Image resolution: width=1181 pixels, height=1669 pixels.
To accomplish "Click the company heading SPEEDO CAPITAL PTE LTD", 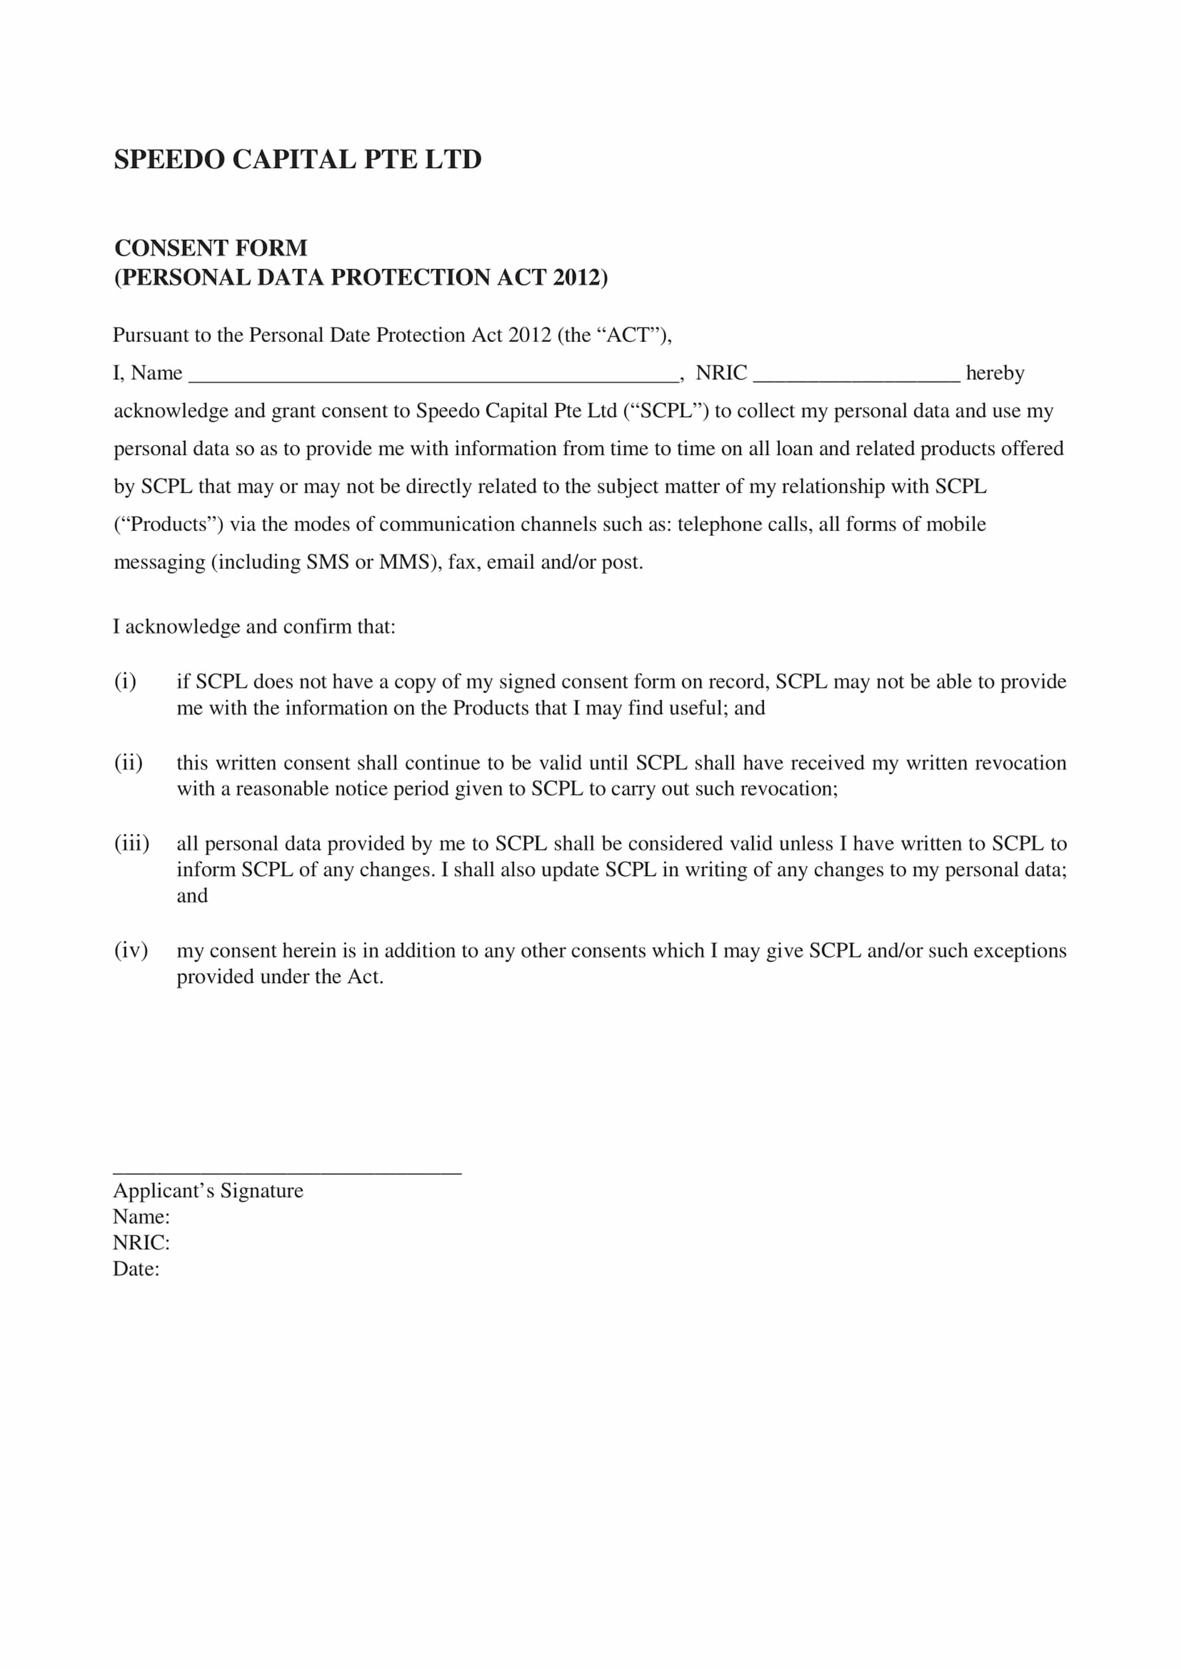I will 297,159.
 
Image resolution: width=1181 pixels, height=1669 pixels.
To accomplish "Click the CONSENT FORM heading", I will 211,248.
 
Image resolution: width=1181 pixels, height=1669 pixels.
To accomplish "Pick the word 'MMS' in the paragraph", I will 403,562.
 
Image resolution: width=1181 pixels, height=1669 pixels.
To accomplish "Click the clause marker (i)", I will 125,681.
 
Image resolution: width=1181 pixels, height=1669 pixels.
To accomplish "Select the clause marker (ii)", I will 128,763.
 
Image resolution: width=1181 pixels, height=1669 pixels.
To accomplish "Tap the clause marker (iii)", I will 132,843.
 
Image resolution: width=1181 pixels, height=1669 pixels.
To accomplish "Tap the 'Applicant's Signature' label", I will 208,1191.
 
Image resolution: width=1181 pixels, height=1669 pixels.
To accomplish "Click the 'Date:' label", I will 136,1269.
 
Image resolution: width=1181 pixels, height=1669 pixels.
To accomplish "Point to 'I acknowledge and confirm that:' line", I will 254,627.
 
